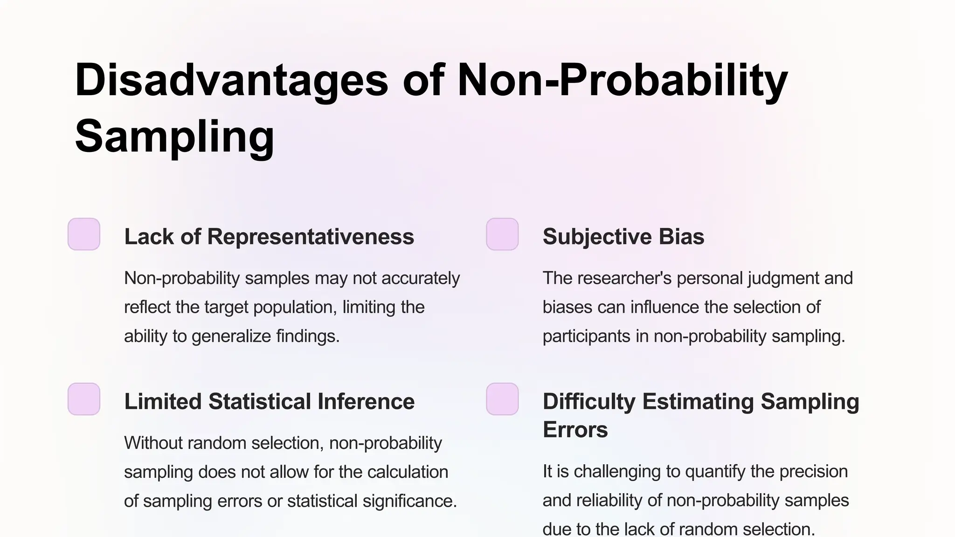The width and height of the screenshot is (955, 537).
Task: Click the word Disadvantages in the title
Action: (x=231, y=80)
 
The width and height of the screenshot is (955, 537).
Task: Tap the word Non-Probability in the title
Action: (x=623, y=80)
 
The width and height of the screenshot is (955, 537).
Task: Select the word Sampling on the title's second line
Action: (x=174, y=136)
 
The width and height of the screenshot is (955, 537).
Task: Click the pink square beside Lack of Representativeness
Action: (x=84, y=234)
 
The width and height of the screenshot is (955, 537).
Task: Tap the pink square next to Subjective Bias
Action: (x=502, y=234)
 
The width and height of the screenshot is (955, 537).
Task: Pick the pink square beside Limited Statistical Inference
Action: (x=84, y=399)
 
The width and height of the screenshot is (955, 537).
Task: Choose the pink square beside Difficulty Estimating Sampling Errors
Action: (x=502, y=399)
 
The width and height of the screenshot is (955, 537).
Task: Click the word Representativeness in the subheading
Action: (x=311, y=237)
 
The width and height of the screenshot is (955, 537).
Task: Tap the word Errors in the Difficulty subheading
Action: (x=575, y=430)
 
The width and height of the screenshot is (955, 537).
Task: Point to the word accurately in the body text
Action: (x=421, y=278)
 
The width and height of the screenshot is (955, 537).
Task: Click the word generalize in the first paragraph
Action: (x=231, y=336)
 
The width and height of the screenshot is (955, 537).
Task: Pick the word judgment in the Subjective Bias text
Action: (x=783, y=278)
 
